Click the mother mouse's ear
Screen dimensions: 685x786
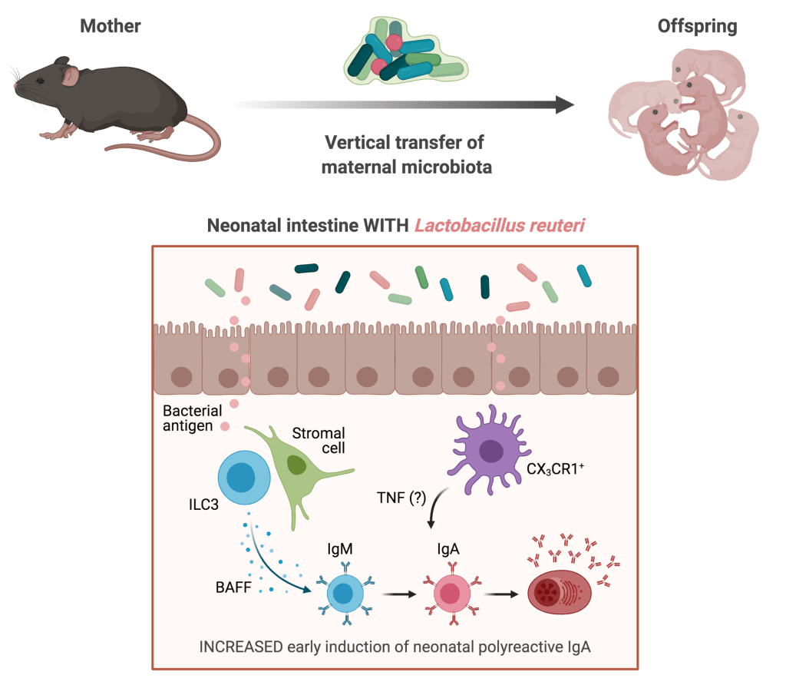click(71, 75)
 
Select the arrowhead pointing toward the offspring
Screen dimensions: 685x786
click(566, 105)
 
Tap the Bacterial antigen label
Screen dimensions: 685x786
click(192, 418)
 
